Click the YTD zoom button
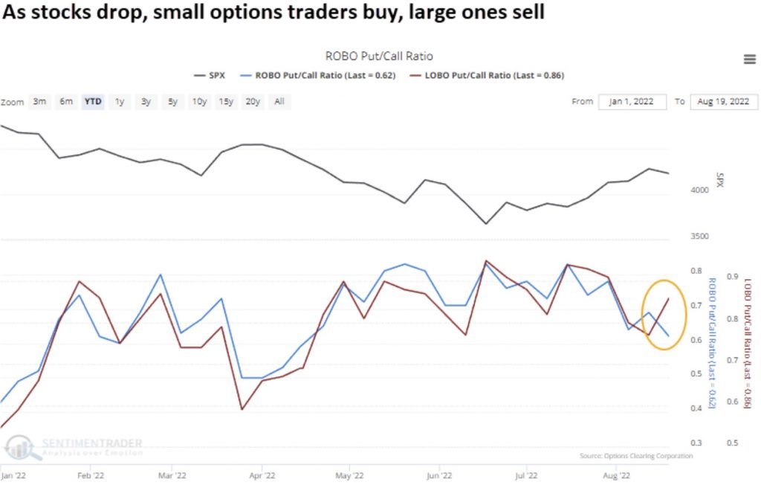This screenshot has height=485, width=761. pyautogui.click(x=93, y=102)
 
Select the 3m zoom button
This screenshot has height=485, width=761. pyautogui.click(x=40, y=102)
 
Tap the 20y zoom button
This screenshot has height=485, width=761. pyautogui.click(x=253, y=102)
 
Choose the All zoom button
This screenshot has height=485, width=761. pyautogui.click(x=279, y=102)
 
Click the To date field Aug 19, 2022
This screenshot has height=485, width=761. pyautogui.click(x=722, y=102)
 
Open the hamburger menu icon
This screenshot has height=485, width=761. pyautogui.click(x=749, y=60)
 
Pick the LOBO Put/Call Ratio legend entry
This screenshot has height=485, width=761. pyautogui.click(x=488, y=75)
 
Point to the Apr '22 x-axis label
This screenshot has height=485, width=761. pyautogui.click(x=262, y=473)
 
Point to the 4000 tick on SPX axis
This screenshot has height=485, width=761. pyautogui.click(x=701, y=190)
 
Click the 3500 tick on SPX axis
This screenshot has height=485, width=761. pyautogui.click(x=701, y=237)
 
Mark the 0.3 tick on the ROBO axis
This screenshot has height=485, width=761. pyautogui.click(x=696, y=443)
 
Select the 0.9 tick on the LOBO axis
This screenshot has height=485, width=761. pyautogui.click(x=732, y=277)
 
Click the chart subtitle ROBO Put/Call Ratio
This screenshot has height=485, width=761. pyautogui.click(x=379, y=56)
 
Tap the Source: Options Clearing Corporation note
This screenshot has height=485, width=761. pyautogui.click(x=635, y=455)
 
